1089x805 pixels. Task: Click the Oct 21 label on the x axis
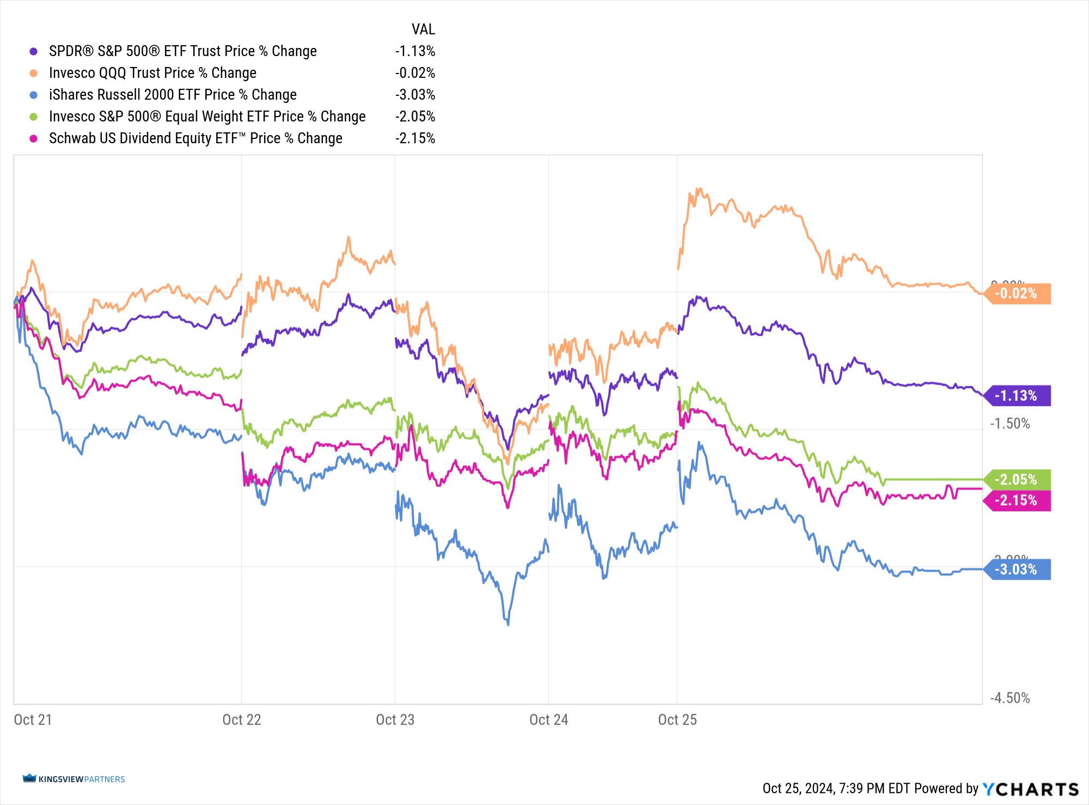pos(33,719)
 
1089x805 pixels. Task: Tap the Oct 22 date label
pos(242,719)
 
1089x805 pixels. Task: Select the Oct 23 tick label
pos(395,719)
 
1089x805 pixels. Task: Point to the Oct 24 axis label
pos(549,719)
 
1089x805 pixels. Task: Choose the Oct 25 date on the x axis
pos(677,719)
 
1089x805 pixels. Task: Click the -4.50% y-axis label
pos(1010,698)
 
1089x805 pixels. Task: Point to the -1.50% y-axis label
pos(1010,424)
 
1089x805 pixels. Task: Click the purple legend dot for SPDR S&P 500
pos(34,51)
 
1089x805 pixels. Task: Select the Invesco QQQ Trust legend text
pos(152,73)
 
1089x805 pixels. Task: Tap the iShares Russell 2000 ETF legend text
pos(173,95)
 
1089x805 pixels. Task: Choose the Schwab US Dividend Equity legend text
pos(195,138)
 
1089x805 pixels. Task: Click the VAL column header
pos(423,29)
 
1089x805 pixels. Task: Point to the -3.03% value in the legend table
pos(415,95)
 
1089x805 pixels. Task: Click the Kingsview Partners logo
pos(74,779)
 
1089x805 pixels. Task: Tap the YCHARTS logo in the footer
pos(1030,789)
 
